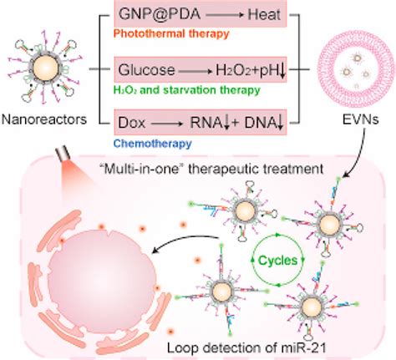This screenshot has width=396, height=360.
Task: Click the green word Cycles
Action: [x=272, y=260]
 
